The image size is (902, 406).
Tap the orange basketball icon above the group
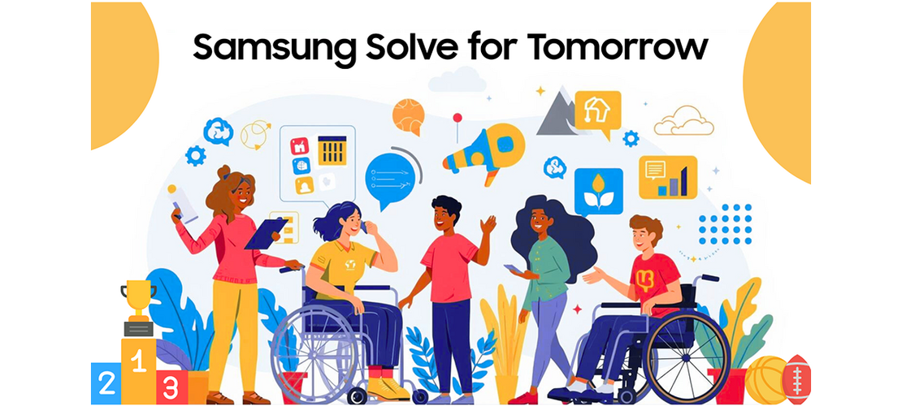click(x=408, y=117)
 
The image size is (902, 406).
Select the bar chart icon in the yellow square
click(x=667, y=177)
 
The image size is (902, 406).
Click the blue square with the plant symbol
click(x=598, y=192)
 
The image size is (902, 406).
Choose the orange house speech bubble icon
click(x=597, y=111)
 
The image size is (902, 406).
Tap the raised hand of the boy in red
click(x=488, y=225)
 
